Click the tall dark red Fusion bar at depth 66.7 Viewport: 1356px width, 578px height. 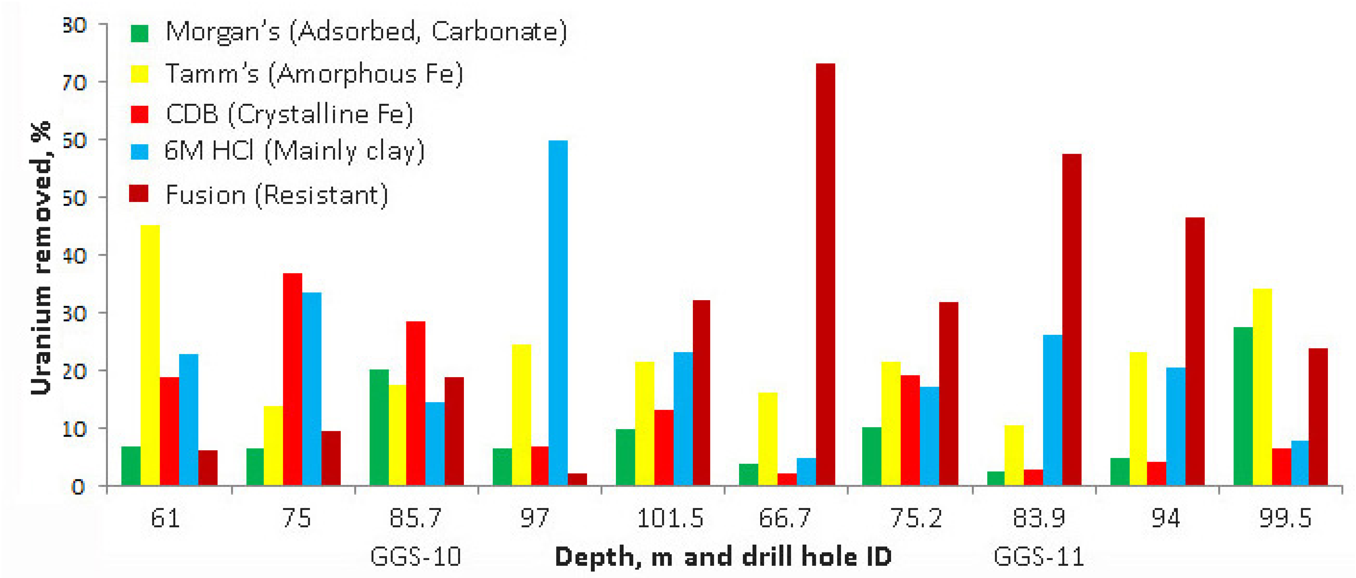point(825,274)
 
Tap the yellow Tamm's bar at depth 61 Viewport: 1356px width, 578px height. point(150,355)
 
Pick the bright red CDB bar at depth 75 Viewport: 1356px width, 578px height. point(293,379)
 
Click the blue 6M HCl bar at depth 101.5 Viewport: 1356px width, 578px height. point(683,418)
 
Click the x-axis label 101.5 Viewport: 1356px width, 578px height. point(670,519)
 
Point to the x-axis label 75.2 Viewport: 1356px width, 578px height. point(915,519)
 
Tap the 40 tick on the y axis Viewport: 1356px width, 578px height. point(75,256)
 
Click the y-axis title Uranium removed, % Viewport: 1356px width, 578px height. point(41,258)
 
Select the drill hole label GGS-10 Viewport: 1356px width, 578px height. point(415,557)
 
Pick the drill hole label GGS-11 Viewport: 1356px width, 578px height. point(1039,557)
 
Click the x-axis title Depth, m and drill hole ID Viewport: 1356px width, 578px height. point(723,557)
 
